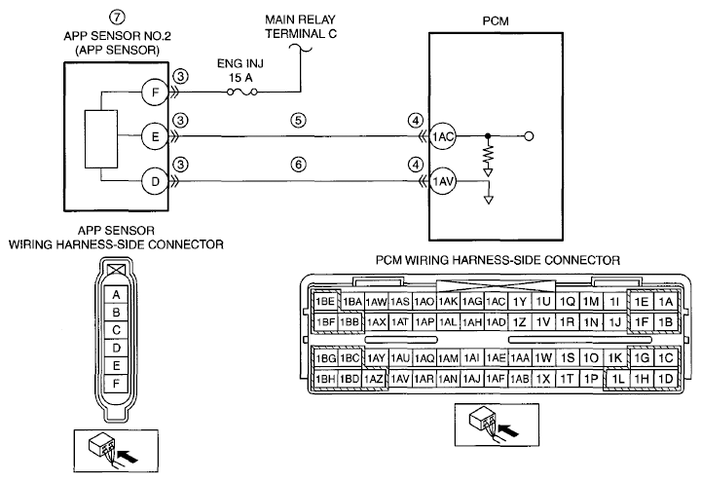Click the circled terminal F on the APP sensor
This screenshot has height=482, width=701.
[x=155, y=93]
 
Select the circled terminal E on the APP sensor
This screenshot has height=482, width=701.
[x=155, y=136]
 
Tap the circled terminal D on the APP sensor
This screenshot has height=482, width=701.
[x=155, y=181]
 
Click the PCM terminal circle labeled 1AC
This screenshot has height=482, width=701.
[x=443, y=136]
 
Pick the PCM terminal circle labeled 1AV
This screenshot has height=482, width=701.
[x=443, y=181]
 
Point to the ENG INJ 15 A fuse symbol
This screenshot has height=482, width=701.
[x=241, y=92]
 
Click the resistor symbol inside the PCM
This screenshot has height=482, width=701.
[x=488, y=154]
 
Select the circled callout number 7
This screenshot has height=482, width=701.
[x=117, y=17]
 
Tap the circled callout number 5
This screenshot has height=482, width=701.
[x=298, y=121]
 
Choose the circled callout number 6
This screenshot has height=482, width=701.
[x=298, y=165]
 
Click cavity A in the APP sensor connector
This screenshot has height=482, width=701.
[x=116, y=295]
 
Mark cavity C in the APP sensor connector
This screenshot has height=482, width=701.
[x=116, y=330]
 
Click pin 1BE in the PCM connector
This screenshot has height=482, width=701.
[x=325, y=301]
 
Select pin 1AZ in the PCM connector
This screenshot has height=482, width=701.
[x=374, y=379]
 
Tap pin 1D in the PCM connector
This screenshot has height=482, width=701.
[x=666, y=379]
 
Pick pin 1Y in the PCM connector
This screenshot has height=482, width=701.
[x=520, y=302]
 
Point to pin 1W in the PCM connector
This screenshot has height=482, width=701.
[x=543, y=357]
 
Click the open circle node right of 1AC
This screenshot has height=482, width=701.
[x=529, y=136]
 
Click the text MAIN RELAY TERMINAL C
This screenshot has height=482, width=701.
[x=300, y=27]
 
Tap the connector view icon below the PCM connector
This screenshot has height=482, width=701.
[x=497, y=425]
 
